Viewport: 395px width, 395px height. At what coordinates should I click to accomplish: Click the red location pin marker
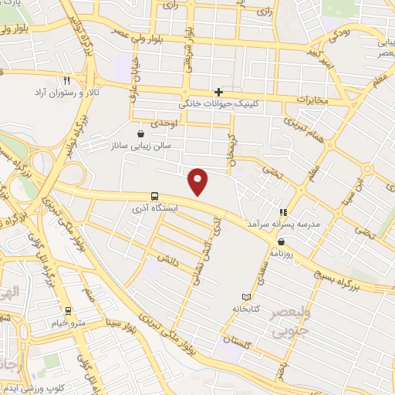pyautogui.click(x=198, y=181)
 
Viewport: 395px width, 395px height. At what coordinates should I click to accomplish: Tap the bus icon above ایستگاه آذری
pyautogui.click(x=155, y=196)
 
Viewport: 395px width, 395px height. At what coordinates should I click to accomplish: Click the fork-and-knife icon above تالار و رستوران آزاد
pyautogui.click(x=67, y=80)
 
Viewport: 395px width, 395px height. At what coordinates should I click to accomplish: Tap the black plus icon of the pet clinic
pyautogui.click(x=219, y=92)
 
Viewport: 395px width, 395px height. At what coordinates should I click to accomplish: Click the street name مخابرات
pyautogui.click(x=312, y=100)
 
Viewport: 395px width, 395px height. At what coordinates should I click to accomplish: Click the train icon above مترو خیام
pyautogui.click(x=69, y=312)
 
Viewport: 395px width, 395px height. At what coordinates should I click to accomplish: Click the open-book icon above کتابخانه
pyautogui.click(x=246, y=297)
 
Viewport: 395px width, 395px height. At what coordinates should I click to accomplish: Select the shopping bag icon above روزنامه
pyautogui.click(x=280, y=241)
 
